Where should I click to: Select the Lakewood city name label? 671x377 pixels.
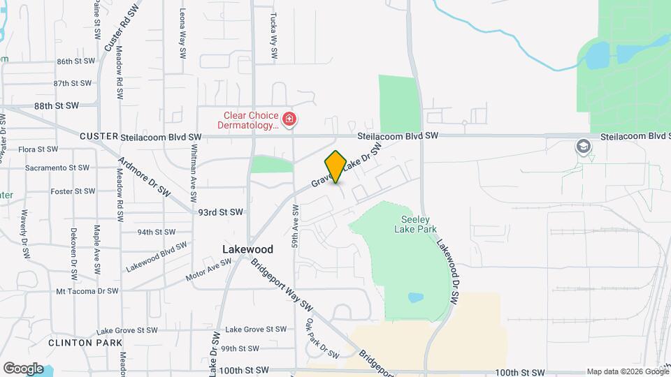[x=247, y=249]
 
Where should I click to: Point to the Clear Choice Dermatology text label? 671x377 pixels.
[x=251, y=120]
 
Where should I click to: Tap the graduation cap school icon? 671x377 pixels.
[x=582, y=147]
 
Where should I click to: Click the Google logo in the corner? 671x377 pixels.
[x=23, y=368]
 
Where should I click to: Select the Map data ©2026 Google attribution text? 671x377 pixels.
[x=627, y=371]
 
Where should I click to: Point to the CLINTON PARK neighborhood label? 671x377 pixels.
[x=85, y=343]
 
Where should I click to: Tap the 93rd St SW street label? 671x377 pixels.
[x=220, y=212]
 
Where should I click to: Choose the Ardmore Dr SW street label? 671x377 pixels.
[x=144, y=181]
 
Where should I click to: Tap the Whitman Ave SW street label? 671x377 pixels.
[x=194, y=171]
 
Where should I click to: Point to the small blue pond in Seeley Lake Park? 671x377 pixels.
[x=415, y=297]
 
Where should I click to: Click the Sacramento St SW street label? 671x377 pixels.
[x=57, y=168]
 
